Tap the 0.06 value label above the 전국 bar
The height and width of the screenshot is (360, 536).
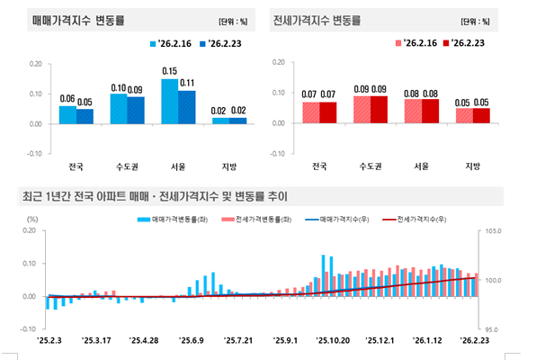(67, 98)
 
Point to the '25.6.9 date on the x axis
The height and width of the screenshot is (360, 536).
(190, 341)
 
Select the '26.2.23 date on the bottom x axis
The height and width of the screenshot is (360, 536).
(476, 341)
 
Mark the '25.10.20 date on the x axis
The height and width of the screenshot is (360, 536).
(333, 341)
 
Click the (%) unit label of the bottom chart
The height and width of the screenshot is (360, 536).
(32, 219)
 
